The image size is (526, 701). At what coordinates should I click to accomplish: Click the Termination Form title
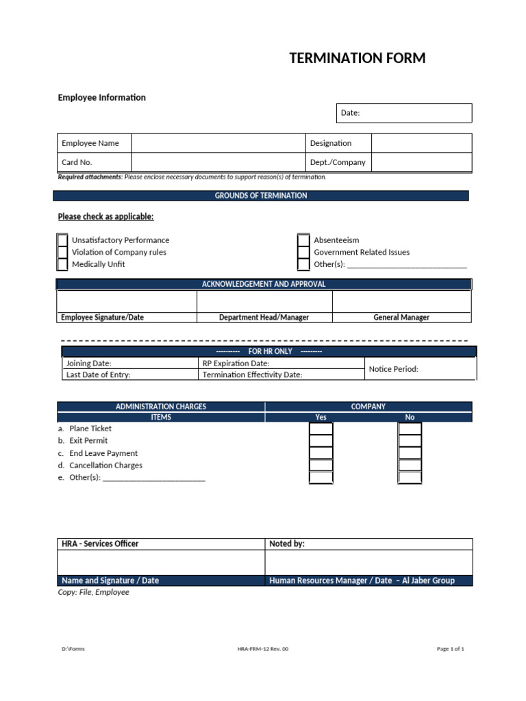[357, 58]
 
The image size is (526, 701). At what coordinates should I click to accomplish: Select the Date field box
[404, 113]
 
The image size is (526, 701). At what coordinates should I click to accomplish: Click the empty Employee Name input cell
[218, 143]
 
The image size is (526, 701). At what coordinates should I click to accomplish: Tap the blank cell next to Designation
[421, 143]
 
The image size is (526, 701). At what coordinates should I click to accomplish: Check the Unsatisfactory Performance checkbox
[62, 240]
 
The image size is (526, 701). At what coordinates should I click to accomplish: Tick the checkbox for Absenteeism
[303, 240]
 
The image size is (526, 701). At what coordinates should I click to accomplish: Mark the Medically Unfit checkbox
[62, 264]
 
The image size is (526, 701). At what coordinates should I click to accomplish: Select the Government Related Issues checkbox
[303, 253]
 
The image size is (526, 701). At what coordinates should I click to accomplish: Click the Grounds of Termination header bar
[261, 196]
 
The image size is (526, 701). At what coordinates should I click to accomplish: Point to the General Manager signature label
[401, 318]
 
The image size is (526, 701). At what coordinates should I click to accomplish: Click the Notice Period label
[393, 369]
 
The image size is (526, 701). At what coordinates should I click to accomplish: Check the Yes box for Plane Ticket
[321, 429]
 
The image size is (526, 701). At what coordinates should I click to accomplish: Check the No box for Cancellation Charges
[410, 466]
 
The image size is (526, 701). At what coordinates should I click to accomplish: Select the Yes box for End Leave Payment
[321, 453]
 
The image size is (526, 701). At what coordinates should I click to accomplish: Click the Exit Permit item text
[88, 441]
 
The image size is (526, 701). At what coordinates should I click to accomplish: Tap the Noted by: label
[287, 544]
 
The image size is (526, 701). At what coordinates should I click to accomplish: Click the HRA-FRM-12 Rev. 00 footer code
[263, 649]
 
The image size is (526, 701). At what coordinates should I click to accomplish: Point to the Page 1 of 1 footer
[450, 649]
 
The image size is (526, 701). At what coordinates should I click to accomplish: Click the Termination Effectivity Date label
[252, 375]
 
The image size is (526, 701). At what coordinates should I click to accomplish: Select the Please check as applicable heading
[105, 217]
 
